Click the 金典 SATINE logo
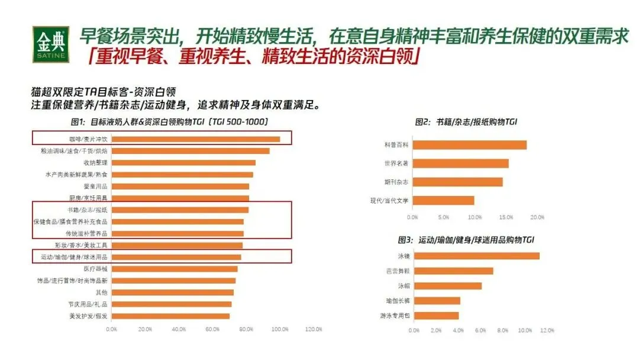click(x=52, y=44)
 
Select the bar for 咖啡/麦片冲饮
click(x=195, y=139)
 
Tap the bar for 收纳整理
click(x=183, y=162)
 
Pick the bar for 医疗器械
click(x=174, y=269)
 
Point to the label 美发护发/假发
click(x=88, y=316)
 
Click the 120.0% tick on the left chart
click(x=313, y=329)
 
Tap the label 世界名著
click(x=397, y=163)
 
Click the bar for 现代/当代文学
click(x=443, y=200)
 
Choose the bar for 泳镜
click(x=476, y=256)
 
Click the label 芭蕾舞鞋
click(x=396, y=271)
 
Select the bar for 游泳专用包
click(x=436, y=316)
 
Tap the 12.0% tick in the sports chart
click(x=547, y=330)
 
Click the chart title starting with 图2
click(x=466, y=122)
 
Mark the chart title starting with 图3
click(x=466, y=240)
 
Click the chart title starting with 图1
click(x=170, y=122)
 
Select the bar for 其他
click(x=172, y=292)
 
